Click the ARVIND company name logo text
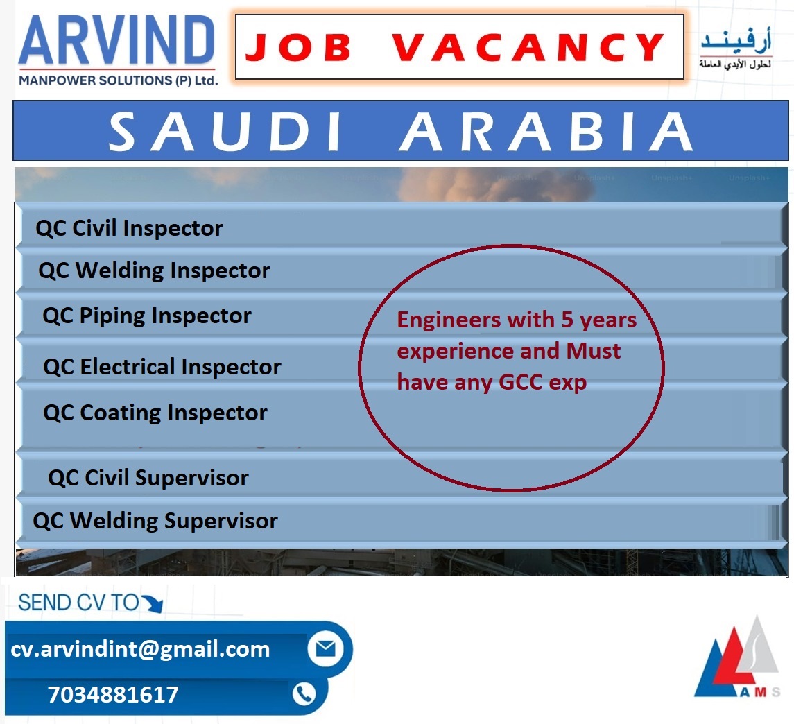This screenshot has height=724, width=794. [x=116, y=40]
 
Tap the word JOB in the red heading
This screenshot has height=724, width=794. [x=298, y=48]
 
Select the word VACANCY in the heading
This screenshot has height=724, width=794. [x=528, y=48]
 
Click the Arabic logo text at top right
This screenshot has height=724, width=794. [x=736, y=48]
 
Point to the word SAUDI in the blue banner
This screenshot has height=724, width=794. [x=225, y=132]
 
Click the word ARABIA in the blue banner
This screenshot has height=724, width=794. [x=546, y=132]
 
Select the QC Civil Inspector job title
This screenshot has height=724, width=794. [x=129, y=228]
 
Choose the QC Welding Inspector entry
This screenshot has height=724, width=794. [x=154, y=271]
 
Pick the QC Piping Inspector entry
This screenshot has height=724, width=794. [x=147, y=316]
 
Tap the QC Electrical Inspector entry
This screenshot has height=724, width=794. [x=162, y=367]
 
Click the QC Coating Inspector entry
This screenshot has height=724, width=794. [x=155, y=413]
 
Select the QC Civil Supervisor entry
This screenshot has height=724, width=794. [x=148, y=478]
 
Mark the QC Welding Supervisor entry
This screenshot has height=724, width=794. [x=155, y=521]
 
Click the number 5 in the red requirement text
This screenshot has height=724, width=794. [x=567, y=320]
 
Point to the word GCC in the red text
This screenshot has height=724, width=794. [x=521, y=382]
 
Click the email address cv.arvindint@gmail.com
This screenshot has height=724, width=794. [x=140, y=649]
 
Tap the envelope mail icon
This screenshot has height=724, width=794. [x=326, y=648]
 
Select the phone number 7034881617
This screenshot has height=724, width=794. [x=113, y=695]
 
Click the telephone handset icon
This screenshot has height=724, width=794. [x=304, y=693]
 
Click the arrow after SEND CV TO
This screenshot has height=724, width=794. [x=153, y=603]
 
